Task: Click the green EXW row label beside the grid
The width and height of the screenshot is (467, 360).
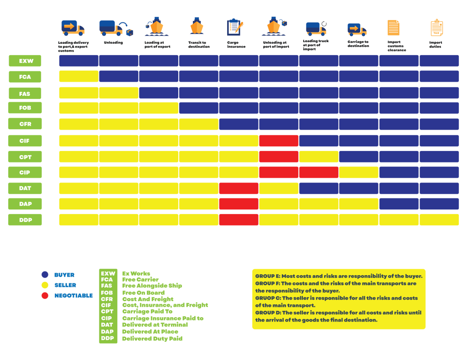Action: pos(25,61)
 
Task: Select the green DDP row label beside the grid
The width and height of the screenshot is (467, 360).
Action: pos(25,219)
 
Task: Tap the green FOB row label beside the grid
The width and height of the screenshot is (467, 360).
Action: pos(25,108)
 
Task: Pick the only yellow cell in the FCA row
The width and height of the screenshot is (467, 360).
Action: pos(78,77)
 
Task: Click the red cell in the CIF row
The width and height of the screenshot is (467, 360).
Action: pos(279,141)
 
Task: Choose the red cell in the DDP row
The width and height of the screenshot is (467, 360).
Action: pos(239,219)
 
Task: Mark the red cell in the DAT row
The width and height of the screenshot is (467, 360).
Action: pos(239,188)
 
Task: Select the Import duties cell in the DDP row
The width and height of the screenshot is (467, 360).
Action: pos(439,219)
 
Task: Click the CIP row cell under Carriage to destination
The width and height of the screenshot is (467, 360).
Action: pos(358,172)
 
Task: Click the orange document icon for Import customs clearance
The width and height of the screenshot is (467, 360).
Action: pos(393,27)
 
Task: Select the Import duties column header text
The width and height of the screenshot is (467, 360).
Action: pos(435,45)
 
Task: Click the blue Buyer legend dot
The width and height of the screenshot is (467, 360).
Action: pos(45,275)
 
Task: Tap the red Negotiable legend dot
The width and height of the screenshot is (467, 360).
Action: pos(45,296)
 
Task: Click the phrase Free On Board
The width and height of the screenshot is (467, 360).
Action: pos(143,292)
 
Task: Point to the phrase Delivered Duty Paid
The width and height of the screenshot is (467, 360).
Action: pos(152,339)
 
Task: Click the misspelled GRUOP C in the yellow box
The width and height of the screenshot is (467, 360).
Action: pos(267,298)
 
